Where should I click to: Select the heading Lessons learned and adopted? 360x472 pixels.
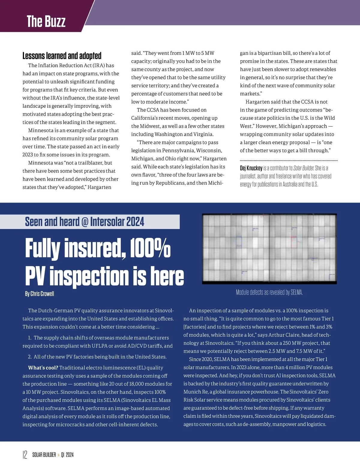coord(62,56)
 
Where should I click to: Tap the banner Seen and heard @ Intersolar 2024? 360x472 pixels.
coord(85,222)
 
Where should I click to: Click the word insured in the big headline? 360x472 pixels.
coord(93,248)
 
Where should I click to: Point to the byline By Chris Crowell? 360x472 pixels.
coord(40,294)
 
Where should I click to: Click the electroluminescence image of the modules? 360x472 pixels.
coord(269,249)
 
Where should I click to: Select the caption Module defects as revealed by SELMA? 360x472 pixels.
coord(269,292)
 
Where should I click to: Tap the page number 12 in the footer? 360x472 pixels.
coord(25,455)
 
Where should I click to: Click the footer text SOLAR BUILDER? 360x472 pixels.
coord(44,455)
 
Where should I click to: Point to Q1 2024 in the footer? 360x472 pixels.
coord(67,455)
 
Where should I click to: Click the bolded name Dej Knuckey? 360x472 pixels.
coord(251,168)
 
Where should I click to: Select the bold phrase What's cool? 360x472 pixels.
coord(43,368)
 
